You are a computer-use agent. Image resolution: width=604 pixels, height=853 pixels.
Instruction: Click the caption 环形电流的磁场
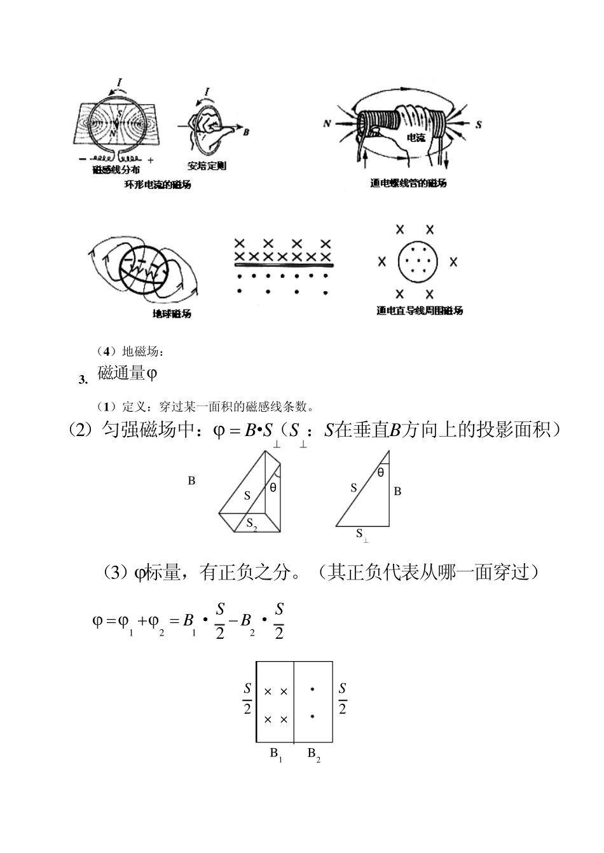point(158,185)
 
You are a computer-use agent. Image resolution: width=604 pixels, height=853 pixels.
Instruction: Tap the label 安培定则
point(207,167)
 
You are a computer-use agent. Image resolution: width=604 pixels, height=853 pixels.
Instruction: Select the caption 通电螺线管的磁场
point(408,183)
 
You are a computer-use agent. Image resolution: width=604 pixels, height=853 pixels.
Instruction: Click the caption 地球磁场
point(172,314)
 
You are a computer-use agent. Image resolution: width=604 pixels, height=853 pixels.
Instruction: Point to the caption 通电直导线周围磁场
point(420,311)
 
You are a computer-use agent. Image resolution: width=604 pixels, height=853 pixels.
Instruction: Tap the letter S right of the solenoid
point(479,125)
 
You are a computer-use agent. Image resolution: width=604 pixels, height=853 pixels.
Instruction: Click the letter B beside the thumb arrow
point(246,132)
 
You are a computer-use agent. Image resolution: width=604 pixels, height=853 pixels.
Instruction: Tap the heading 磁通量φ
point(127,374)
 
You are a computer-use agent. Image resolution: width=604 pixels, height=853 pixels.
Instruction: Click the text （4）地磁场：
point(130,351)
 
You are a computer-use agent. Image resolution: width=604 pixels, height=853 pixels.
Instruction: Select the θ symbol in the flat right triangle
point(381,472)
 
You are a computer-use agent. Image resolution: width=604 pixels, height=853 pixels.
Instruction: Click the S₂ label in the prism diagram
point(251,524)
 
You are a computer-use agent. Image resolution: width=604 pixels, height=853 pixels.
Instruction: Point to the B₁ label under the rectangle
point(276,754)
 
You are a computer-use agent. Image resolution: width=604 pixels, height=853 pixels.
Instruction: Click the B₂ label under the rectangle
point(314,754)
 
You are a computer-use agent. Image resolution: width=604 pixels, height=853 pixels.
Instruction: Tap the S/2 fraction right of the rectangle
point(343,699)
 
